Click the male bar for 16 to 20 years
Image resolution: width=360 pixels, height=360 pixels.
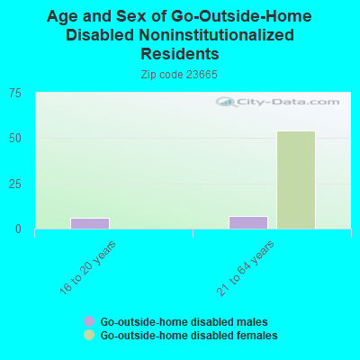click(90, 223)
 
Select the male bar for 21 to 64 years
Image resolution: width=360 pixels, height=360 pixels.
click(248, 222)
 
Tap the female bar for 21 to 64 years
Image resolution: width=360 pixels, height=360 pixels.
click(296, 180)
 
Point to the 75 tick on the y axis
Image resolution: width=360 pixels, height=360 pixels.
click(15, 94)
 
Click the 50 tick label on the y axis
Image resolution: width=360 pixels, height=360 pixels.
click(15, 139)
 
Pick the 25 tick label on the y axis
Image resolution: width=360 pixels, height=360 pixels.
click(15, 184)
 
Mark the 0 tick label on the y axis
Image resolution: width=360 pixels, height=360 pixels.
click(18, 229)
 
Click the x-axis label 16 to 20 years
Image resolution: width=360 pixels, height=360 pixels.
click(87, 267)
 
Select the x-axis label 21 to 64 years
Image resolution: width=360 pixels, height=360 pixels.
click(246, 268)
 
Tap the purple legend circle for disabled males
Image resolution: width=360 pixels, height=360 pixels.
click(89, 321)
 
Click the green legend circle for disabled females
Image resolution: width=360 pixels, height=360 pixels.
click(89, 335)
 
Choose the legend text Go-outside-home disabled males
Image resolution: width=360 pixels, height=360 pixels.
click(184, 322)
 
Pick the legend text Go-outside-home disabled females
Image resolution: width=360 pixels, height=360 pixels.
click(189, 335)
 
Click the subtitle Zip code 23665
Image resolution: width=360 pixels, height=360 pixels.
click(179, 75)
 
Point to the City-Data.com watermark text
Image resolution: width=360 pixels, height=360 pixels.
click(288, 102)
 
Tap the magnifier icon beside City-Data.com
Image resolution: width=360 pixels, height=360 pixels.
click(226, 102)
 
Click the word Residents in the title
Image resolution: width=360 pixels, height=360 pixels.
click(180, 54)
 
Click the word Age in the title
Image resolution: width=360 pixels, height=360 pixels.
click(62, 17)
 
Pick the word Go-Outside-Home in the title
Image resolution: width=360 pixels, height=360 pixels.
click(241, 16)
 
